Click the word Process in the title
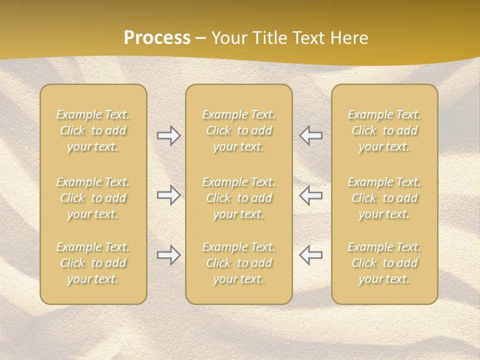click(x=157, y=38)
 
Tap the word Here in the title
click(x=348, y=38)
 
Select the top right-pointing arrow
click(x=168, y=135)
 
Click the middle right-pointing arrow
click(x=168, y=195)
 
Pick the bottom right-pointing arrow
click(x=168, y=255)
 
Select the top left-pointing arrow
click(x=310, y=135)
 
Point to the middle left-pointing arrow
click(x=310, y=195)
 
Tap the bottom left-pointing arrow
click(x=310, y=255)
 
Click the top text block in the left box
click(x=93, y=130)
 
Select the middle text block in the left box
click(x=93, y=198)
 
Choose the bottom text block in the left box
click(x=93, y=263)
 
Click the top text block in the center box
click(x=239, y=130)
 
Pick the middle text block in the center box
click(x=239, y=198)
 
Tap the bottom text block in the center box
click(x=239, y=263)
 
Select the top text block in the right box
click(x=384, y=130)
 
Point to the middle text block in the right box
click(x=384, y=198)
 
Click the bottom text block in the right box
click(x=384, y=263)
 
